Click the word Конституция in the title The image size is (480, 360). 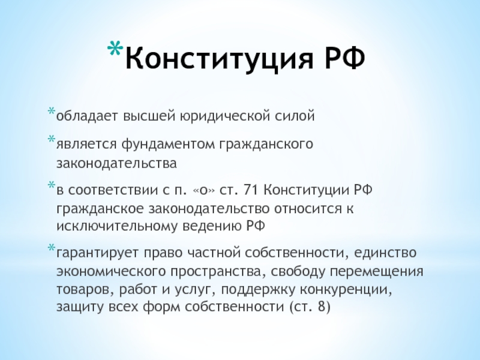point(220,58)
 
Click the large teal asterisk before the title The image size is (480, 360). point(115,49)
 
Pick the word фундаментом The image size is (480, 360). point(168,144)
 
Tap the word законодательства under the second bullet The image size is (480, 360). point(116,163)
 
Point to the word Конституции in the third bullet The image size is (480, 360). point(306,190)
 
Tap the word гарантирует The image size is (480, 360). point(98,253)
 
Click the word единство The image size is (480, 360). point(385,253)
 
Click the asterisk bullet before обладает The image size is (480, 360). point(52,110)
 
